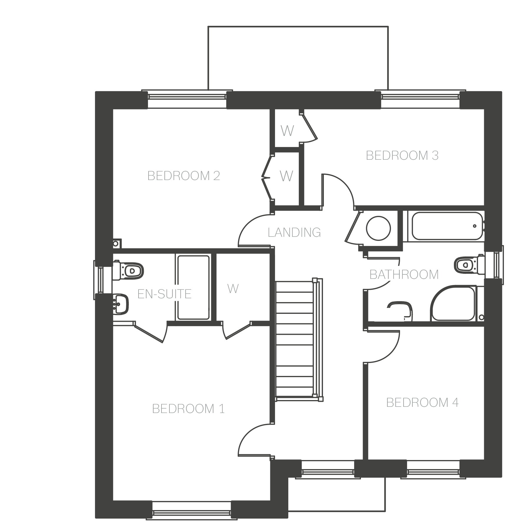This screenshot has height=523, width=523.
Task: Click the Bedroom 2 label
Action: click(x=184, y=176)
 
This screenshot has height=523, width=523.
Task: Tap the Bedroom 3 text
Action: click(x=402, y=156)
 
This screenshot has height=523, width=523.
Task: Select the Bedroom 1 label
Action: click(x=189, y=409)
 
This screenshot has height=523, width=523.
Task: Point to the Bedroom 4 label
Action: click(x=422, y=403)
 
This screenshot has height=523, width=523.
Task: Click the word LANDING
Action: click(x=294, y=233)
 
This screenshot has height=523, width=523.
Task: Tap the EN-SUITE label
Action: click(x=164, y=294)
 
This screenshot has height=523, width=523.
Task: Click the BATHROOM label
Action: click(x=404, y=275)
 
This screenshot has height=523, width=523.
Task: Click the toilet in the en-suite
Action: click(x=128, y=270)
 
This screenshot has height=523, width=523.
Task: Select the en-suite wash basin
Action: click(x=121, y=304)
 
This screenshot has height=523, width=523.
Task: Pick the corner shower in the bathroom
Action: click(x=453, y=304)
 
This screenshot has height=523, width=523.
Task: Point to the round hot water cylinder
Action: click(x=379, y=228)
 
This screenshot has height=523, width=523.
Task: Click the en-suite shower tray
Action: click(x=193, y=287)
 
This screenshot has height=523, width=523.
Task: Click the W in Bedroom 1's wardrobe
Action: click(x=233, y=289)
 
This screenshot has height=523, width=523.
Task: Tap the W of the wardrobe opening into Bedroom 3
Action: click(x=287, y=131)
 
